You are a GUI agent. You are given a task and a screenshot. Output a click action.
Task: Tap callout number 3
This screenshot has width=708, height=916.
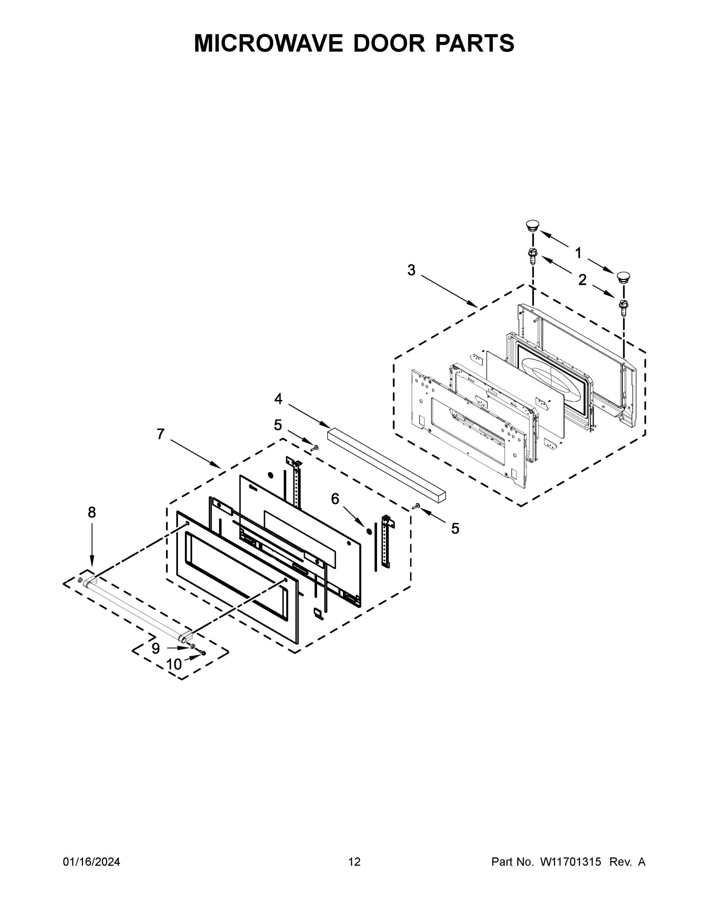pos(411,270)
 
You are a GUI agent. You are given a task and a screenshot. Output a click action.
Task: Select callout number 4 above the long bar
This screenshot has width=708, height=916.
pos(278,399)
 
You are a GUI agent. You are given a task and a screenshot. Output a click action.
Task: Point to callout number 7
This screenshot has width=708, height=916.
pos(160,434)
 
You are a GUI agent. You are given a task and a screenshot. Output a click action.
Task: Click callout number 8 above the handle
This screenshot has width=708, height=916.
pos(92,512)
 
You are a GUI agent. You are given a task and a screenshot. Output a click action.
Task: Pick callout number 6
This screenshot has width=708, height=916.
pos(335,499)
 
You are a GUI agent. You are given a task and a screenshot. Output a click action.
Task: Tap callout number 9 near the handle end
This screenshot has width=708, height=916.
pos(156,648)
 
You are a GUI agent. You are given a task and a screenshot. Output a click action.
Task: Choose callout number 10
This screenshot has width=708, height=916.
pos(174,664)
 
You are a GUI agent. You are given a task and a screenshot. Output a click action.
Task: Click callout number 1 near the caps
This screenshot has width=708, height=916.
pos(578,253)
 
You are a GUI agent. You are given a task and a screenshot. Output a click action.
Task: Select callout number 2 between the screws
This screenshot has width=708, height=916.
pos(582,280)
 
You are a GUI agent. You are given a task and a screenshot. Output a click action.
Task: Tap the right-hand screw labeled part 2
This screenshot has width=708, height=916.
pos(623,307)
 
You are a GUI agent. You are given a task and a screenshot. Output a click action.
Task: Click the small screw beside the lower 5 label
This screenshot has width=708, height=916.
pos(417,506)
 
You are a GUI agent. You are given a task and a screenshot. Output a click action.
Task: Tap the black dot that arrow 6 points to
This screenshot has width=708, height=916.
pos(369,531)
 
